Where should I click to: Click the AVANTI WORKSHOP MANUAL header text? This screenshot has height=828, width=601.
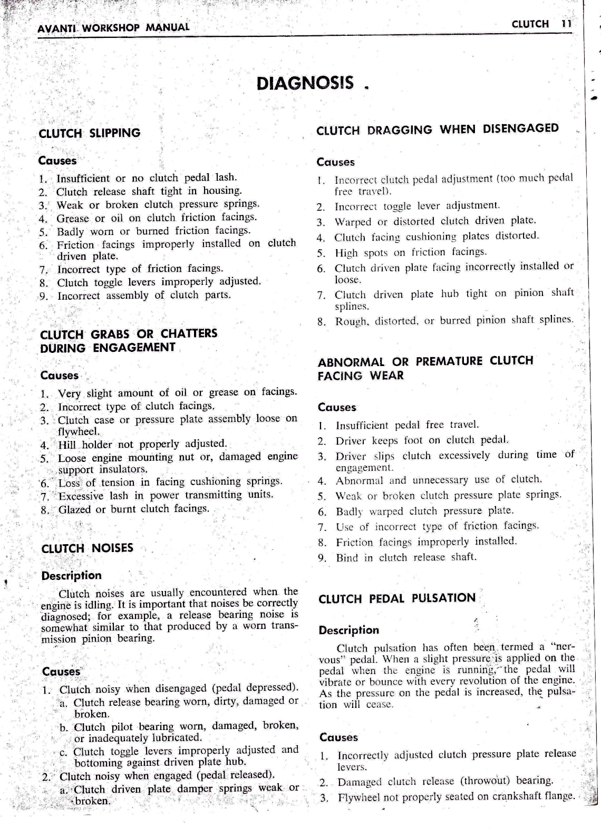pos(113,27)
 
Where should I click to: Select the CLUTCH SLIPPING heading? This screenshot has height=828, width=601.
pos(90,133)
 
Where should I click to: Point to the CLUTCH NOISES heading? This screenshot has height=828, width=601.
pos(88,548)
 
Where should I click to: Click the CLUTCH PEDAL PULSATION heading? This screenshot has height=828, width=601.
pos(397,598)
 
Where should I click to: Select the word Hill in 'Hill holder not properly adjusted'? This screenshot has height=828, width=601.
pos(68,444)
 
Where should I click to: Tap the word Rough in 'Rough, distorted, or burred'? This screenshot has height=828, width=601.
pos(348,321)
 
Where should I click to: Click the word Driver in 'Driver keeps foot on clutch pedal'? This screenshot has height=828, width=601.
pos(351,440)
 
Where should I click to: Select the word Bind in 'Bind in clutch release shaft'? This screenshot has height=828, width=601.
pos(347,558)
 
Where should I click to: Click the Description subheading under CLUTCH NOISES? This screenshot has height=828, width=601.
pos(71,576)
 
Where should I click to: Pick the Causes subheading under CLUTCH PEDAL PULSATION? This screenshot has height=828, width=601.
pos(338,737)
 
